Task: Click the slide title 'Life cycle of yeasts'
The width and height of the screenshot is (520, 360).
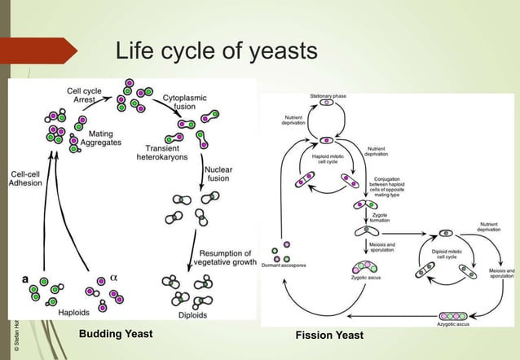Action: [216, 52]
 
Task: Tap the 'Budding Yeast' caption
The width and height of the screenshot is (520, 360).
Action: [115, 335]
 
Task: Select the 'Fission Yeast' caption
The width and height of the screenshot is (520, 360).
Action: [330, 336]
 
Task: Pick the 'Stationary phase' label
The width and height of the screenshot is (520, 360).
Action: [328, 96]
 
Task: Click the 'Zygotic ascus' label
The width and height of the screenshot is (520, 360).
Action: [368, 279]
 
